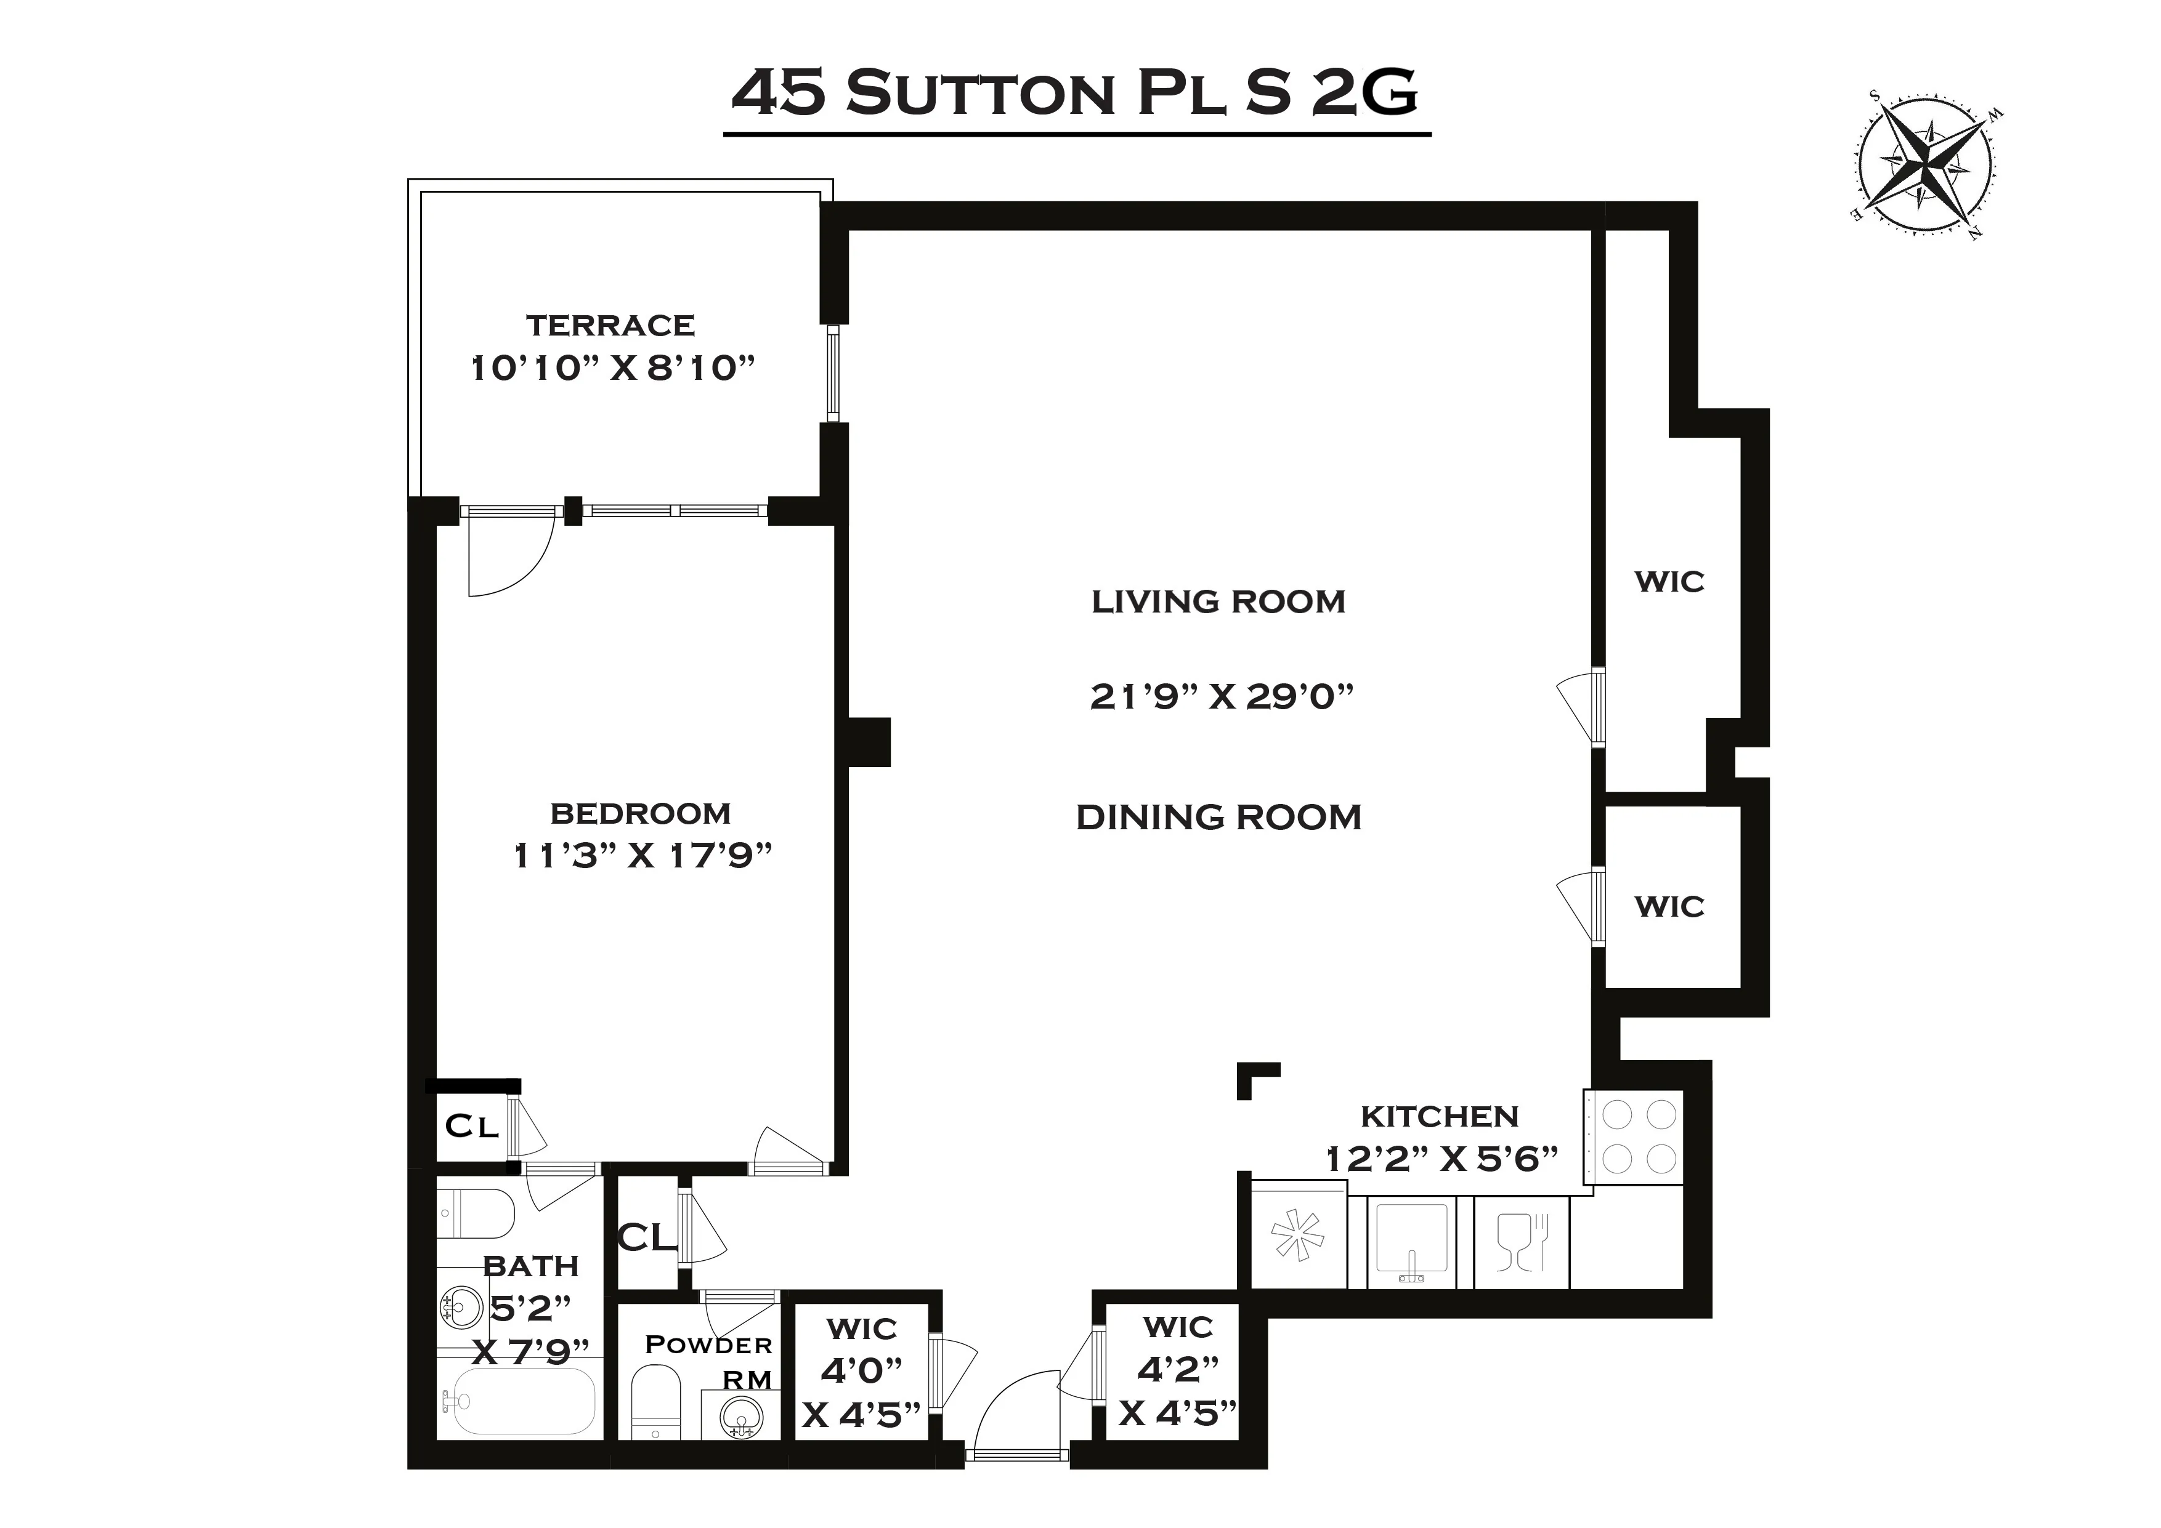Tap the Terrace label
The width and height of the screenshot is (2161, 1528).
610,326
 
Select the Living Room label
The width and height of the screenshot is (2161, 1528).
1218,601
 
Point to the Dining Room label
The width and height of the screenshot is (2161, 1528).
1218,817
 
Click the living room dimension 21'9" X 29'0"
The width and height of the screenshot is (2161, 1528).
1221,696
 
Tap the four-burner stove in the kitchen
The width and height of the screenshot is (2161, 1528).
1638,1136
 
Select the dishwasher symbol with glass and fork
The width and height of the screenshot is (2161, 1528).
1521,1242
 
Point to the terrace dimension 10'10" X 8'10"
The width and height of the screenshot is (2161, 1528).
613,368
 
